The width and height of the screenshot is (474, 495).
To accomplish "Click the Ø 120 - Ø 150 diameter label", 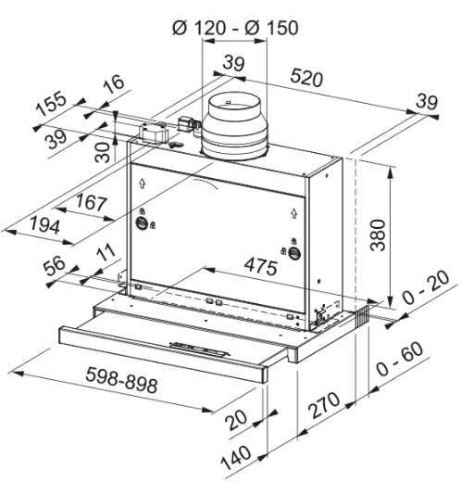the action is point(235,28).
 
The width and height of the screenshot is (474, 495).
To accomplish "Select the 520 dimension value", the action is point(306,78).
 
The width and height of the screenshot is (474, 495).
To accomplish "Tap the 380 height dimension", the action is point(378,235).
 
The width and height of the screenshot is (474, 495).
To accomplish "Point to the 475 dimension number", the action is point(261,266).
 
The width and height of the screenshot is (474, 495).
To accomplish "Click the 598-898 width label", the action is point(121,380).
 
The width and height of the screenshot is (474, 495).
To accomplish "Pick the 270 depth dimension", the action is point(324,405).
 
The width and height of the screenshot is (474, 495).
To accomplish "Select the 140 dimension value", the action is point(236,458).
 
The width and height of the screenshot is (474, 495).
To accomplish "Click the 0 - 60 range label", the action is point(400,359).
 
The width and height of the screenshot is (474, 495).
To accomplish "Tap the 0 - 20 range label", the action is point(426,287).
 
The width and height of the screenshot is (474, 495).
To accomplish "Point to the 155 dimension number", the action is point(51,103).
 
